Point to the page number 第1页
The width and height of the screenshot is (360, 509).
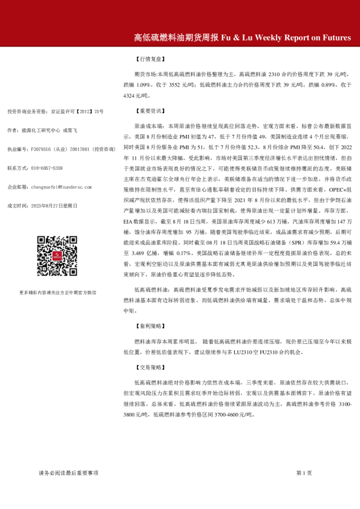point(304,472)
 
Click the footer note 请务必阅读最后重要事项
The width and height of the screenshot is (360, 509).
point(68,472)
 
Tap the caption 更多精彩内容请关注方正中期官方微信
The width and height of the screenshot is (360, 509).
point(58,292)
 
